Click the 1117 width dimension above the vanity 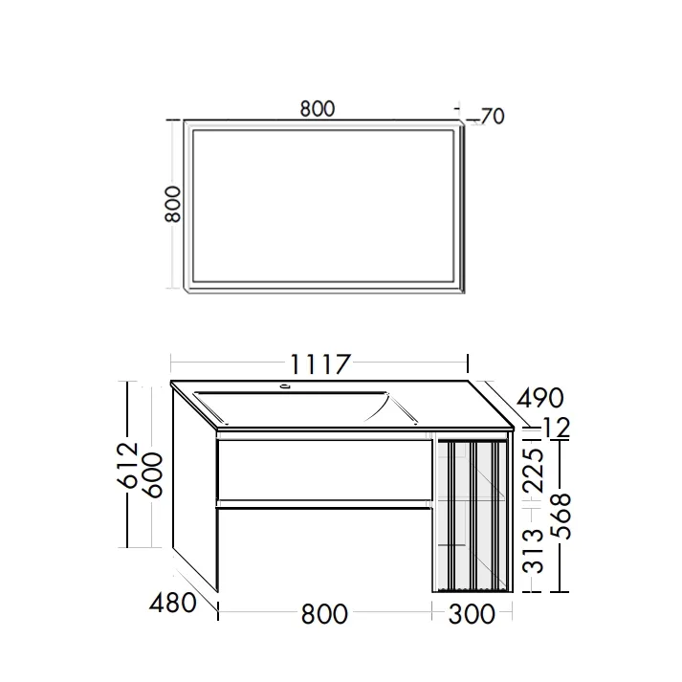[x=319, y=364]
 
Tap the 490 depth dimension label [x=539, y=398]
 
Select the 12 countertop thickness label [x=557, y=428]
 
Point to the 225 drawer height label [x=533, y=471]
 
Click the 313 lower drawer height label [x=533, y=551]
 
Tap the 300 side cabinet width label [x=472, y=614]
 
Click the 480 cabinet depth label [x=173, y=604]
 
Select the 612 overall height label [x=128, y=465]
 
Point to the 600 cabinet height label [x=153, y=475]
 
